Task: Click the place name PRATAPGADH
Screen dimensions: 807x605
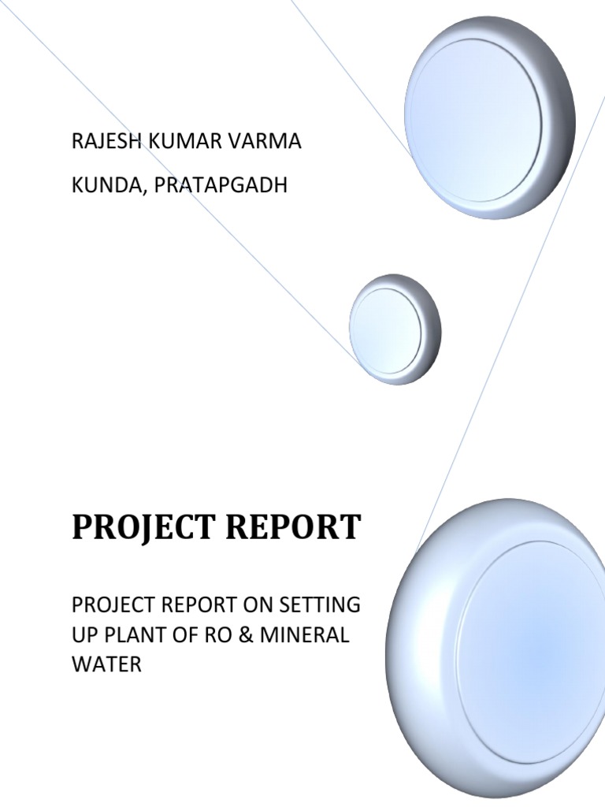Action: (x=221, y=186)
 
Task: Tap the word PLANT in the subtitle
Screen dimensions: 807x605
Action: (x=139, y=634)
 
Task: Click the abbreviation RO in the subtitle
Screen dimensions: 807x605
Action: (x=224, y=634)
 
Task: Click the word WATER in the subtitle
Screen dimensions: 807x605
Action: (x=106, y=664)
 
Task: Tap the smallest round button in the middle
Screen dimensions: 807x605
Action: (x=395, y=329)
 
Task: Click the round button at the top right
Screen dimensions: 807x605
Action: (x=489, y=118)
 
